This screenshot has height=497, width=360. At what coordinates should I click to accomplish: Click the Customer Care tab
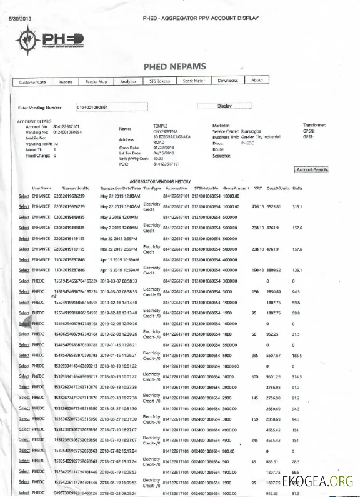(32, 81)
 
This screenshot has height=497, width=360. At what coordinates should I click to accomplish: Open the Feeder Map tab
(96, 81)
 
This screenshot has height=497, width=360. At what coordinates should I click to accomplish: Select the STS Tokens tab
(161, 81)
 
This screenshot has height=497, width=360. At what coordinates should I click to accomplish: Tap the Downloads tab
(227, 80)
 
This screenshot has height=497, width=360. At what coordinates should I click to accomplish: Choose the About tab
(256, 80)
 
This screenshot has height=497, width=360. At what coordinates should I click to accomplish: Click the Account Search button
(312, 169)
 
